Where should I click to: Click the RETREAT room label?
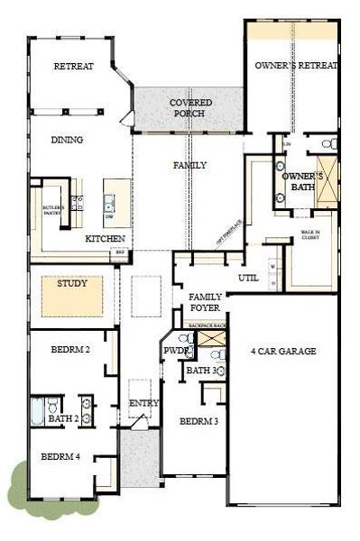coord(74,66)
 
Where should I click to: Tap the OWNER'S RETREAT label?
coord(296,66)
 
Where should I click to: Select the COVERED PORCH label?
coord(190,108)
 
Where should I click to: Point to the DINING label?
coord(68,140)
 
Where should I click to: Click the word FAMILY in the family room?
coord(190,165)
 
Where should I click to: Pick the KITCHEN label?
coord(104,239)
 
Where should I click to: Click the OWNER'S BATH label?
coord(298,181)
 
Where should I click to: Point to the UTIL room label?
coord(247,278)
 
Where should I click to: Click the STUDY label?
coord(72,283)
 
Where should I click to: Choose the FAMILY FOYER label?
coord(205,302)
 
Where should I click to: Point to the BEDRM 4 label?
coord(60,457)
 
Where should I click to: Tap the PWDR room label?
coord(175,350)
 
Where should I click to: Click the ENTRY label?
coord(141,402)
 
